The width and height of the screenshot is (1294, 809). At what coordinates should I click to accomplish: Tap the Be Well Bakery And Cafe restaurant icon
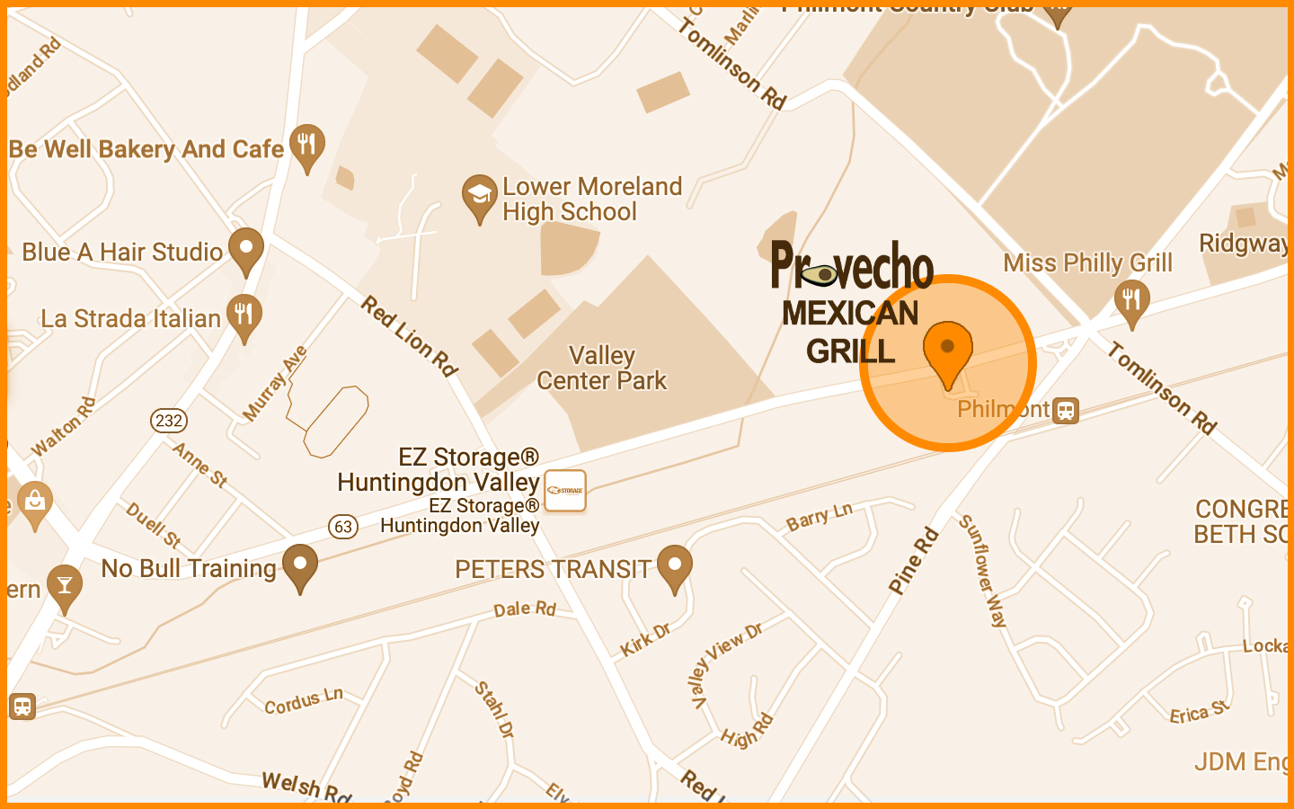point(307,145)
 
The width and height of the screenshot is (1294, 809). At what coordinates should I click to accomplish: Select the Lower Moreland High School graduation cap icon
point(480,195)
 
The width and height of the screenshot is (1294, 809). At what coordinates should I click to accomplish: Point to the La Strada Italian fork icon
point(244,315)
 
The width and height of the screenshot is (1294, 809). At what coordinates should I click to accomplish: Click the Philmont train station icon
point(1066,411)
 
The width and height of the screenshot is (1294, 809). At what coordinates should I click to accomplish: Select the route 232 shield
point(169,420)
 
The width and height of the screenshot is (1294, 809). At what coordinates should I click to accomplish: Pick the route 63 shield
point(343,526)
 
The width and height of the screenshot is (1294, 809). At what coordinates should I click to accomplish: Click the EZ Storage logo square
point(565,491)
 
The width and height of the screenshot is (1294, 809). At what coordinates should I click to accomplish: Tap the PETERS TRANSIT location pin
point(674,566)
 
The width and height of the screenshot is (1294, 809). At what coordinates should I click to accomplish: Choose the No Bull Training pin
point(299,565)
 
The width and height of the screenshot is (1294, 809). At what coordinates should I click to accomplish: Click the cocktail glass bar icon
point(64,585)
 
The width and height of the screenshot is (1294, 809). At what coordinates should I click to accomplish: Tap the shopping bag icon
point(35,500)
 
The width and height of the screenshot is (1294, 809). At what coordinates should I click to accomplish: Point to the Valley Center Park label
point(602,369)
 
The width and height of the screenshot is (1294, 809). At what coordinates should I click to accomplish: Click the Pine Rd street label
point(913,561)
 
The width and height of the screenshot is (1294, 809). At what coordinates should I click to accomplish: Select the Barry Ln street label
point(819,517)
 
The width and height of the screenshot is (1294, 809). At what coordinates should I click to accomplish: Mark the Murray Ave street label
point(275,384)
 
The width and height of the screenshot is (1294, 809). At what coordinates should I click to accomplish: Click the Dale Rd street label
point(525,609)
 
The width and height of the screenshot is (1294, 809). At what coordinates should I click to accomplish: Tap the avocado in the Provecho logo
point(820,274)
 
